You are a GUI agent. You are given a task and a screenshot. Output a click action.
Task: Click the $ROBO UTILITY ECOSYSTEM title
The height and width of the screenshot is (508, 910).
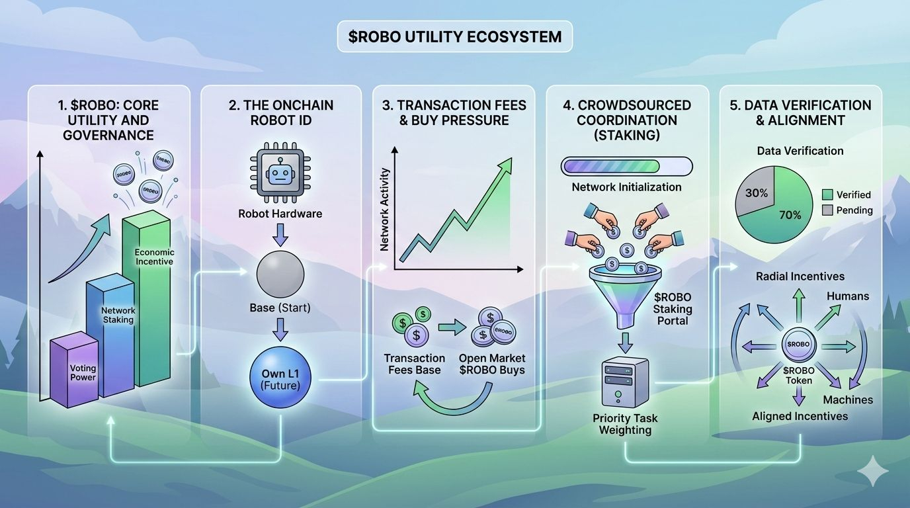click(454, 36)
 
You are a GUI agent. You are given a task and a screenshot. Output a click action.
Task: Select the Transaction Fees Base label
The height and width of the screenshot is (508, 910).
click(414, 364)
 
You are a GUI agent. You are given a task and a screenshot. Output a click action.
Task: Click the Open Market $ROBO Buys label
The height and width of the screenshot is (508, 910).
click(492, 364)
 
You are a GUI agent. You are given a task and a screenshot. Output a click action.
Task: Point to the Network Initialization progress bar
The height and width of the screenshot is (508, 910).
click(626, 166)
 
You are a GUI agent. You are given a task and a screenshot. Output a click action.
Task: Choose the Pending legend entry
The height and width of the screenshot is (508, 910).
click(847, 210)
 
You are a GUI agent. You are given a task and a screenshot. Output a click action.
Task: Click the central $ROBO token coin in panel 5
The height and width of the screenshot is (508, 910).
click(800, 345)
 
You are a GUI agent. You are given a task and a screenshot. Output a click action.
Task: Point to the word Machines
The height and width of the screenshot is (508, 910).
click(848, 400)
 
